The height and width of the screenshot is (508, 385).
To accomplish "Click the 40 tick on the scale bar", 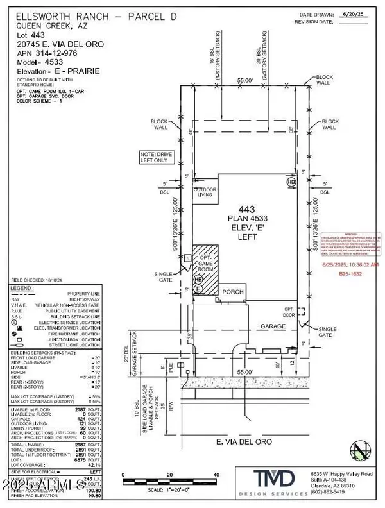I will coord(216,475).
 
